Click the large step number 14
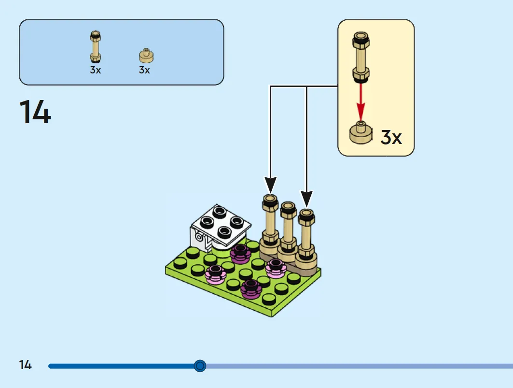(x=35, y=112)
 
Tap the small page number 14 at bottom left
(x=25, y=365)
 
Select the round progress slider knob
(x=200, y=366)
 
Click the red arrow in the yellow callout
(x=360, y=101)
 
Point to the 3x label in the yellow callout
(x=391, y=137)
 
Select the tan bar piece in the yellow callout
(x=361, y=57)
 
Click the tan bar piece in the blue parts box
(x=95, y=46)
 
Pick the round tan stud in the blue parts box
(x=146, y=56)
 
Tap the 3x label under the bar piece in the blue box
(x=96, y=70)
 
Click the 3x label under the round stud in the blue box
(x=144, y=70)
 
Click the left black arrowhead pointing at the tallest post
(x=270, y=185)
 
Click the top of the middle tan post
(x=288, y=206)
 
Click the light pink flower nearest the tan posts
(x=276, y=268)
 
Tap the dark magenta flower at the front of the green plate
(x=251, y=289)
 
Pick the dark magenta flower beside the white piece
(x=240, y=254)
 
